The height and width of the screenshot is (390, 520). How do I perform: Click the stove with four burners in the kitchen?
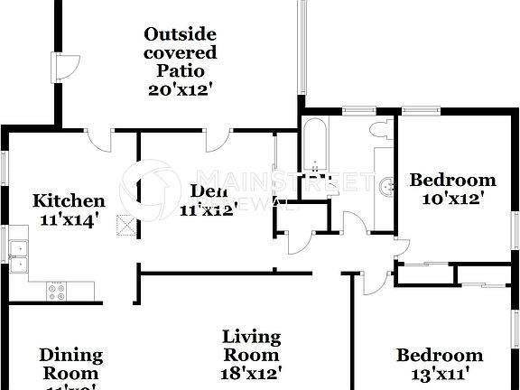(58, 291)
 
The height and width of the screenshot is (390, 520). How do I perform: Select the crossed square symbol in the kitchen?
(124, 226)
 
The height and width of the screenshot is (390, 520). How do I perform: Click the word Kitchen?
(69, 200)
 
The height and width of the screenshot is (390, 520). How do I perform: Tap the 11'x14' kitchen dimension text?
(69, 218)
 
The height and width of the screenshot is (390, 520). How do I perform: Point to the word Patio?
(180, 70)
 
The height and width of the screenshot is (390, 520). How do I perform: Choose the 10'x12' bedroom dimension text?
(452, 198)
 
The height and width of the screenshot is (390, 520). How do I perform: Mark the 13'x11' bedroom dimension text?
(440, 373)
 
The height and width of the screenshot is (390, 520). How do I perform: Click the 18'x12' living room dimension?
(252, 371)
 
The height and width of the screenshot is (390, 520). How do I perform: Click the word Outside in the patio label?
(180, 34)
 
